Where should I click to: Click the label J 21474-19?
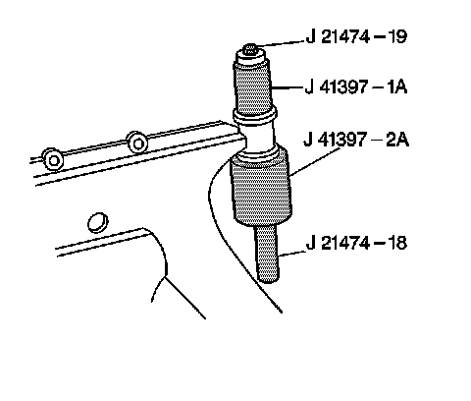(x=357, y=36)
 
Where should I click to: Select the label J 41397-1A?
(x=356, y=87)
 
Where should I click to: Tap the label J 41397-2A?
(x=356, y=140)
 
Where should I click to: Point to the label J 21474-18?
(x=356, y=243)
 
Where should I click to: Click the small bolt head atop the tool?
(x=251, y=49)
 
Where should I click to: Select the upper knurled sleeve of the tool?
(x=252, y=87)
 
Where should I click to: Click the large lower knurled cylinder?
(x=261, y=190)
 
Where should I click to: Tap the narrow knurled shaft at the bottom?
(x=268, y=254)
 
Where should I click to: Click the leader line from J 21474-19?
(x=281, y=43)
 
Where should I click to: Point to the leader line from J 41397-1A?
(x=287, y=87)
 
